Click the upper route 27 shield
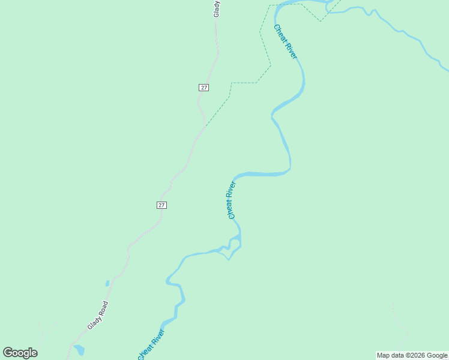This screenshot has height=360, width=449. pos(204,88)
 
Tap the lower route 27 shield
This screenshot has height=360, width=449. pos(161,205)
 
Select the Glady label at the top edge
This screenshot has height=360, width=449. pos(217,8)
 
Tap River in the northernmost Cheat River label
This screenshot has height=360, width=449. pos(291,50)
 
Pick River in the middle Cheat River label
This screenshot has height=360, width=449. pos(232,190)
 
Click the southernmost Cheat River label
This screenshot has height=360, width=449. pos(151,345)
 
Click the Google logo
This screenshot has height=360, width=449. pos(20,353)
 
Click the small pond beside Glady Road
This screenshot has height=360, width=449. pos(107,283)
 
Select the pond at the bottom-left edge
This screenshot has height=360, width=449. pos(79,350)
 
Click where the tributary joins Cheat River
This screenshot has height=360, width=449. pos(328,10)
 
